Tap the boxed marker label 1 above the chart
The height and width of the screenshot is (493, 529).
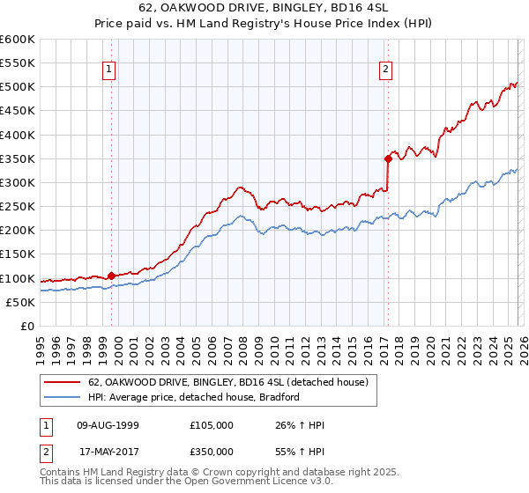[108, 70]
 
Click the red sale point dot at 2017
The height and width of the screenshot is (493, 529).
[388, 159]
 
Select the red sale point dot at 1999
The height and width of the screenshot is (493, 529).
[111, 276]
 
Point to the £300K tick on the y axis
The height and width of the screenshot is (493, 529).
[18, 183]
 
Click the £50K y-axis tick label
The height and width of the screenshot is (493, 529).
[20, 302]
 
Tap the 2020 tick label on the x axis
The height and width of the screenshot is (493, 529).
[429, 344]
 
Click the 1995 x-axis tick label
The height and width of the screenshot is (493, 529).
[41, 344]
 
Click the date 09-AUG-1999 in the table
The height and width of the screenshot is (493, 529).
[108, 425]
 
